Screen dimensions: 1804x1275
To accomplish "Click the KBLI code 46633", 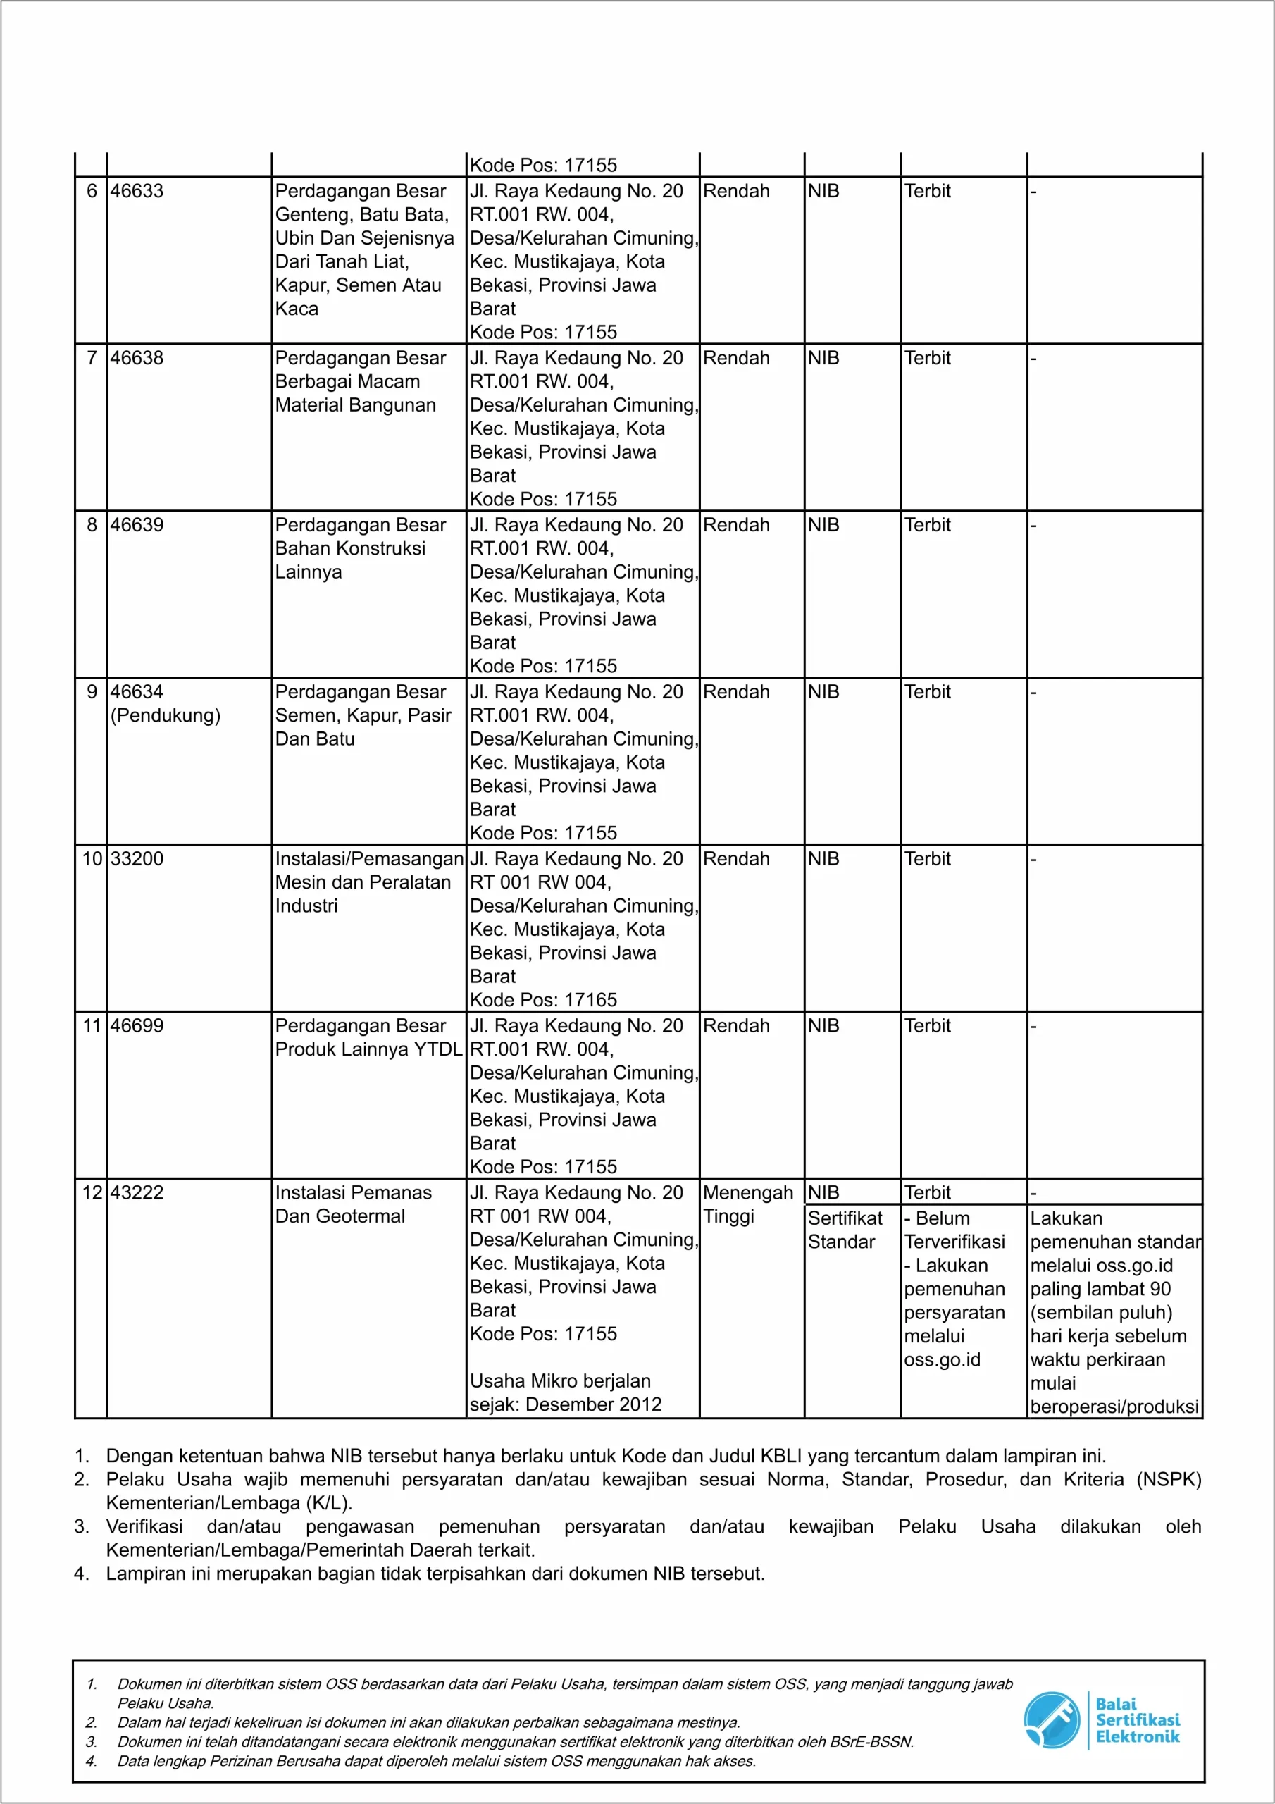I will click(x=137, y=191).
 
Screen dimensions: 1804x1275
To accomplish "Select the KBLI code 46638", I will click(x=137, y=358).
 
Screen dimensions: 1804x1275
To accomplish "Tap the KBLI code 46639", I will click(x=137, y=525).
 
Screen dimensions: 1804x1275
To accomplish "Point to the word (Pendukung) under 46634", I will click(x=165, y=716).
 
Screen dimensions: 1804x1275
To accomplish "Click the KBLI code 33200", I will click(x=137, y=859).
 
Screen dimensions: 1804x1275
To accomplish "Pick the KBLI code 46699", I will click(x=137, y=1026).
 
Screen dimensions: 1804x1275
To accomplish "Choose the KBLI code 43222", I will click(x=137, y=1193).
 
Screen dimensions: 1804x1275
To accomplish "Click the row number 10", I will click(x=92, y=859).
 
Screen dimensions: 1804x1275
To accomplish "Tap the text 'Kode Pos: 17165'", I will click(x=543, y=1000).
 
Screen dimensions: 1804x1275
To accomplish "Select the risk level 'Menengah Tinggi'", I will click(x=747, y=1204).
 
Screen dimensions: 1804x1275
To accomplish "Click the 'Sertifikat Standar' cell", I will click(x=845, y=1230).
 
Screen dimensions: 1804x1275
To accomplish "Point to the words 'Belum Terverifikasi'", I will click(x=954, y=1230).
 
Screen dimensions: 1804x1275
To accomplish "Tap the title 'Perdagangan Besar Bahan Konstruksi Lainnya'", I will click(x=360, y=548).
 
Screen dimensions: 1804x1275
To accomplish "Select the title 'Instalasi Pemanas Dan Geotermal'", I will click(x=353, y=1204).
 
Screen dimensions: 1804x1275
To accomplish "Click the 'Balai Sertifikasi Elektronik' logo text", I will click(x=1137, y=1720).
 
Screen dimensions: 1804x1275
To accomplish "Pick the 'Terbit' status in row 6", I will click(x=927, y=191).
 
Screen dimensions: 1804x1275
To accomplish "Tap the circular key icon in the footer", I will click(x=1051, y=1720).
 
